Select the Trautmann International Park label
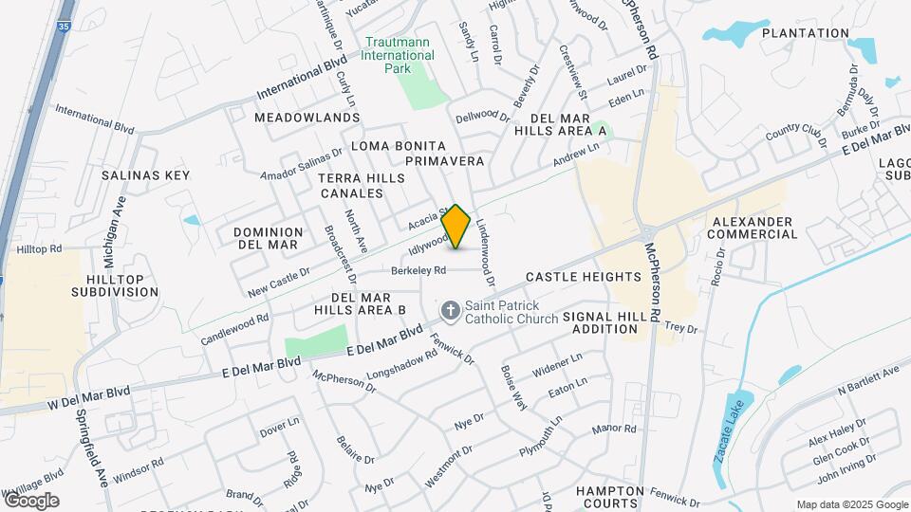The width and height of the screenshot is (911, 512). [x=400, y=48]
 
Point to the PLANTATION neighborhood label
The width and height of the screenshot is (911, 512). [x=805, y=33]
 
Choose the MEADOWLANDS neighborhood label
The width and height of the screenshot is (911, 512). [x=307, y=118]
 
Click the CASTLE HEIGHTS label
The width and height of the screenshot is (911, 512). [x=584, y=277]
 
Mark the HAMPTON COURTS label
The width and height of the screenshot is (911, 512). [x=610, y=497]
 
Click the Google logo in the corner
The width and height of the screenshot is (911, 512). [x=30, y=500]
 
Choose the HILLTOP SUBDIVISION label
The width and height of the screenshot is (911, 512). [x=115, y=285]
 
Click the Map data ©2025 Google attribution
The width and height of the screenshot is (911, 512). [x=851, y=504]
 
